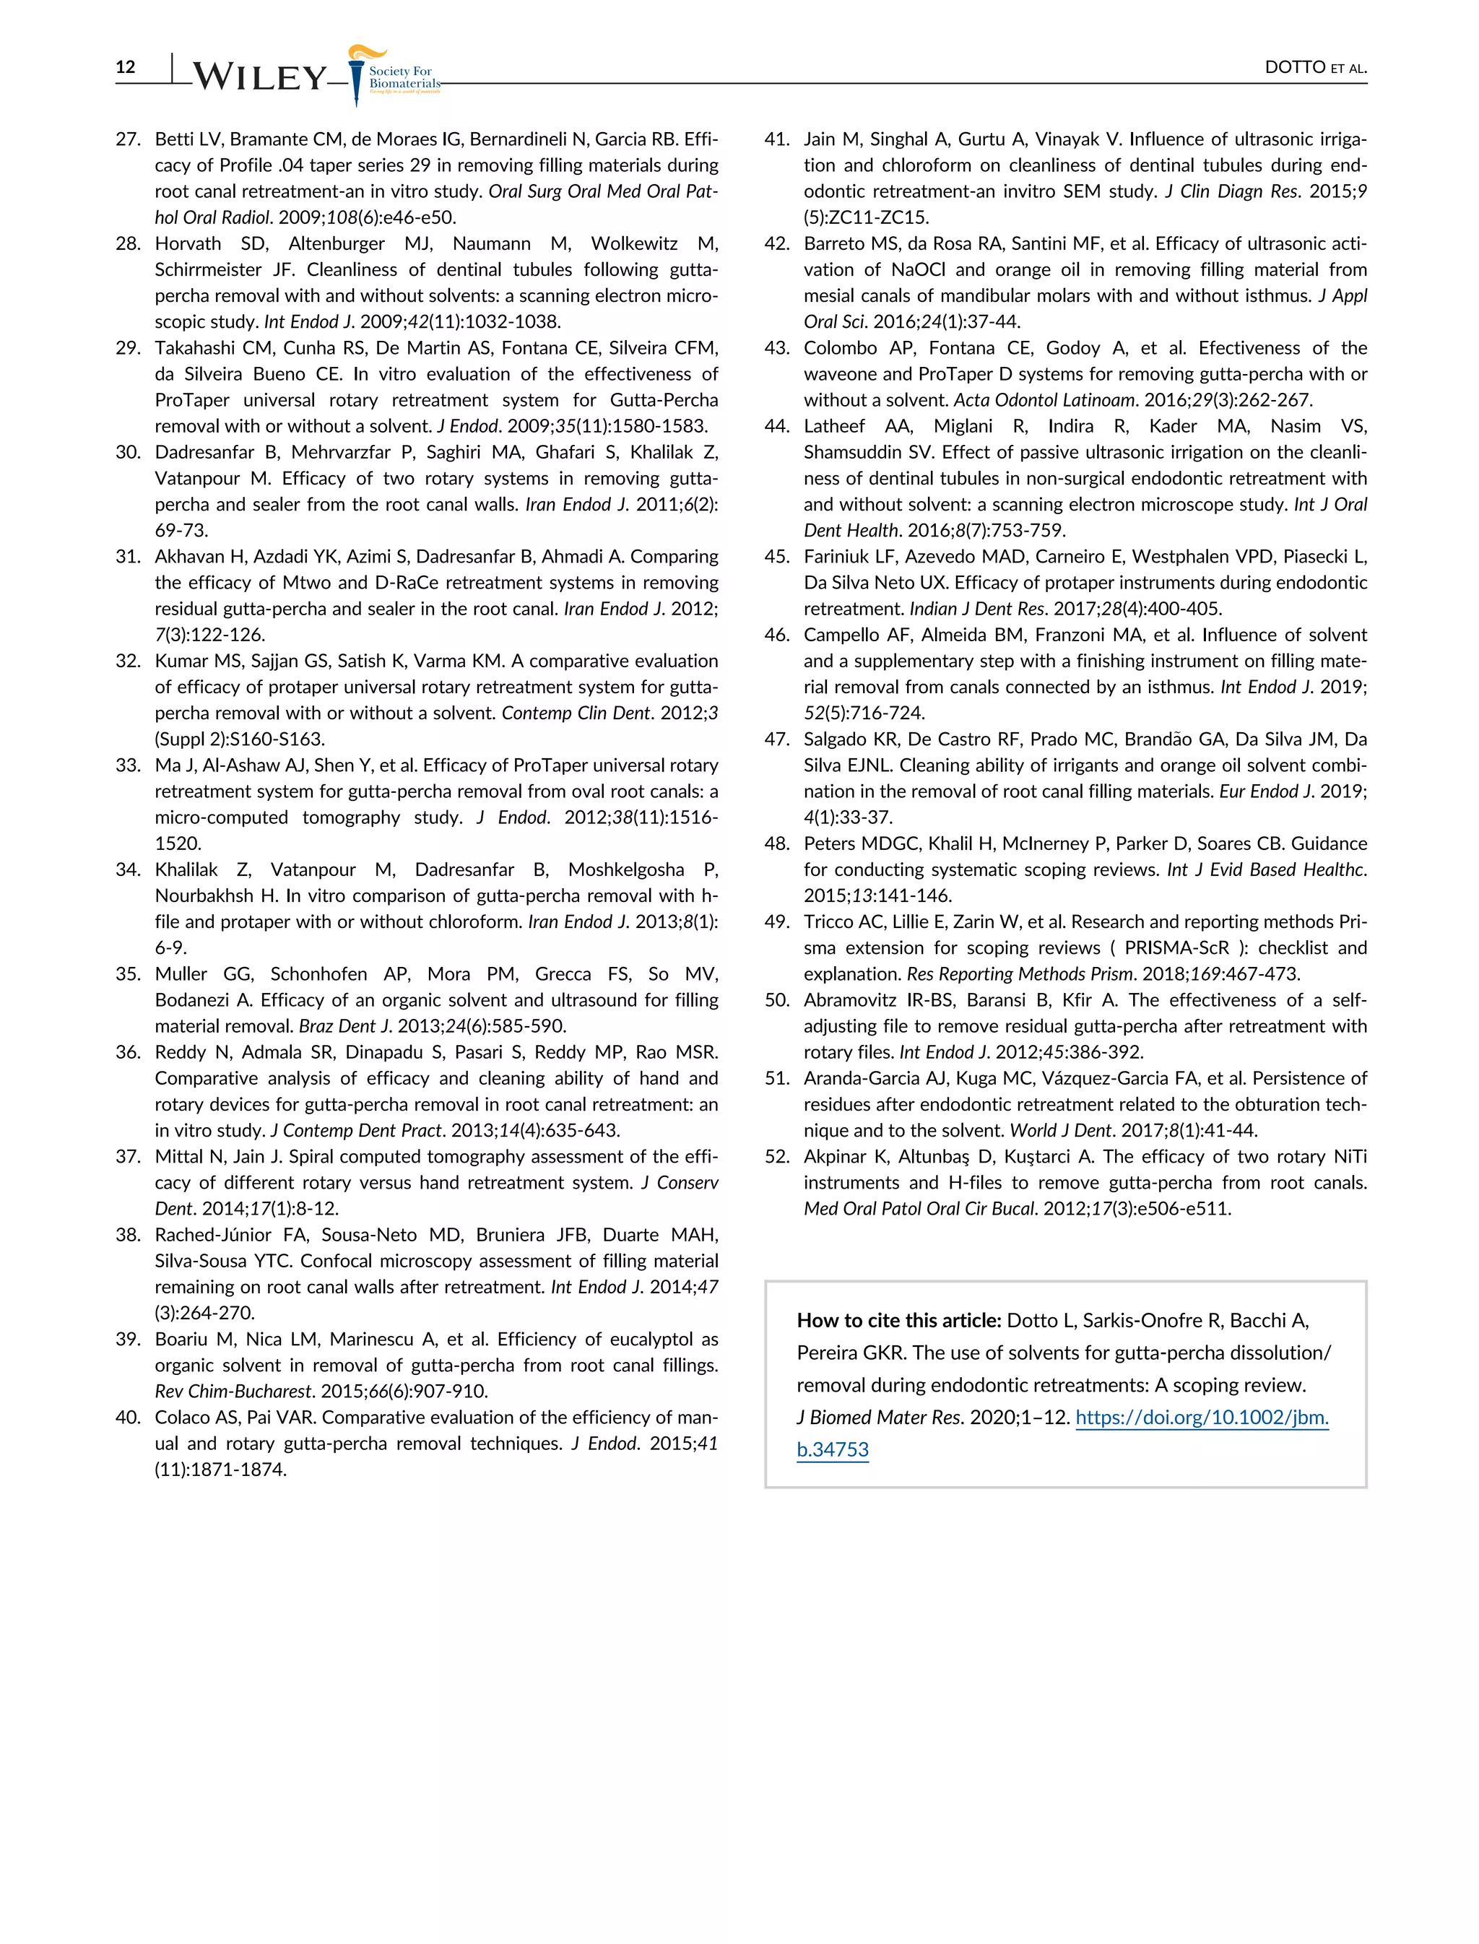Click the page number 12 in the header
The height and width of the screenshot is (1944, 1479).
click(126, 67)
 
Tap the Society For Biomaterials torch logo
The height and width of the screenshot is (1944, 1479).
click(357, 75)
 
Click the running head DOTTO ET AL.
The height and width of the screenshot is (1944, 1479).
click(1315, 68)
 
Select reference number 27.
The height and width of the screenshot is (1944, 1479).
click(129, 139)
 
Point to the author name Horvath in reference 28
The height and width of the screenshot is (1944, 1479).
click(188, 244)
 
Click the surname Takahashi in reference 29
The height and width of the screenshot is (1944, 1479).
click(194, 348)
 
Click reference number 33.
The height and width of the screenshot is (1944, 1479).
click(129, 765)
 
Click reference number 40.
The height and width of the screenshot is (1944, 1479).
click(129, 1418)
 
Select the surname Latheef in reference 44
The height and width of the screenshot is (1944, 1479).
click(835, 426)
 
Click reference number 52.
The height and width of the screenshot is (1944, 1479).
click(776, 1157)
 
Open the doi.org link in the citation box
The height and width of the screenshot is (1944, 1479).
click(1202, 1418)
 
